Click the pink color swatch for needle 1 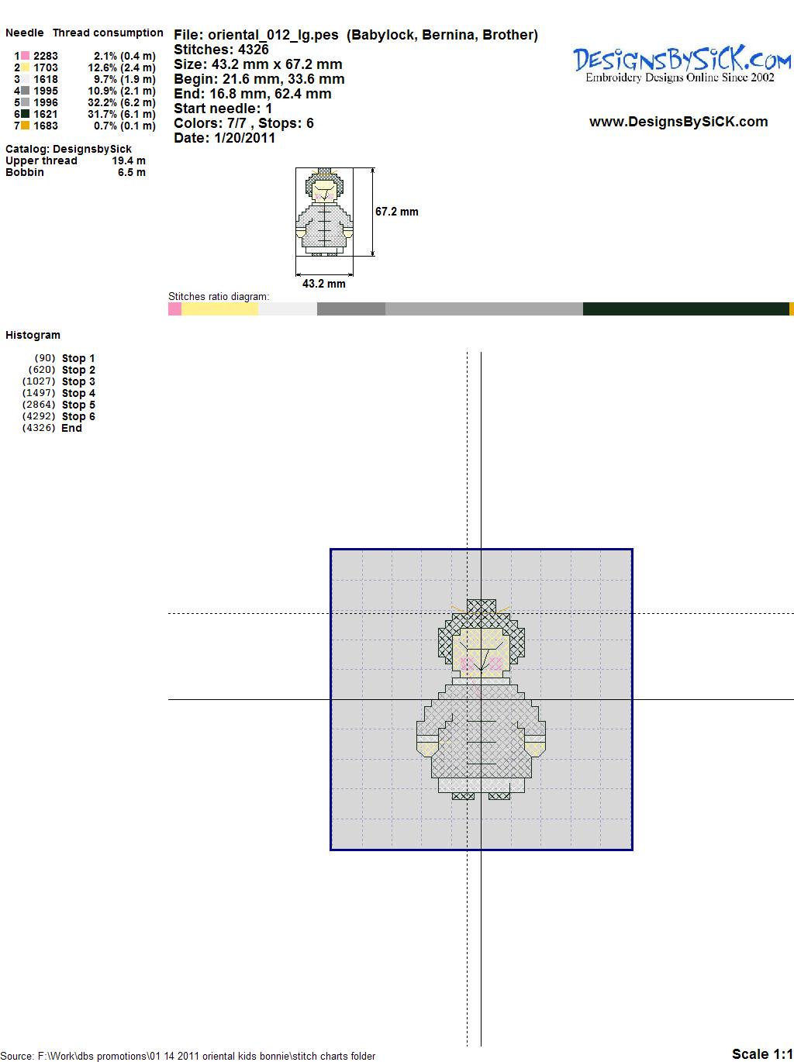25,56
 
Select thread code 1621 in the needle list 46,114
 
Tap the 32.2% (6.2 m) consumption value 122,102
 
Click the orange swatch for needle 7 25,126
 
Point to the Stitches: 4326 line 221,50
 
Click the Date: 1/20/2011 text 225,138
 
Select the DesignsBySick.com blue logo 682,64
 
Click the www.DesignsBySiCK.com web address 678,122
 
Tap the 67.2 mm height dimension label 397,212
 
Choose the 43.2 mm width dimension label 323,284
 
